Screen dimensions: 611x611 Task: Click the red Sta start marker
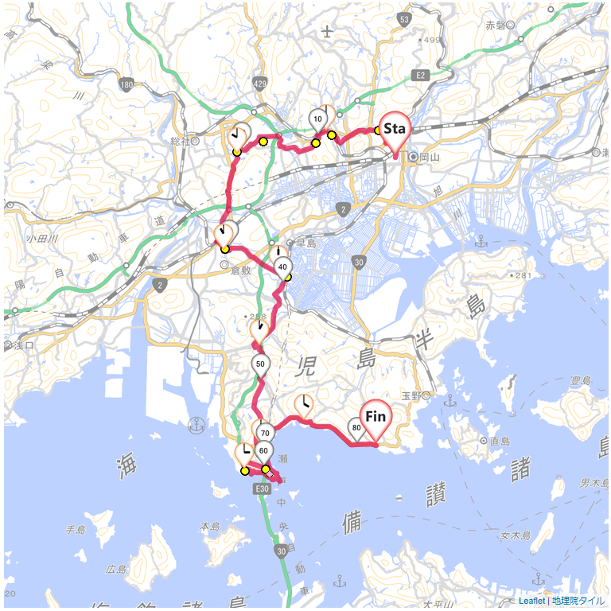coord(394,130)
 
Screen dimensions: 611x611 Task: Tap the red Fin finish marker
coord(376,418)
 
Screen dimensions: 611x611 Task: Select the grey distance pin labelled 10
coord(318,119)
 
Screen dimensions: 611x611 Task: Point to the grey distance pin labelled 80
coord(357,427)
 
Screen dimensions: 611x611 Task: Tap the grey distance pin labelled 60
coord(264,450)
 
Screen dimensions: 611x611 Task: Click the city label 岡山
coord(429,158)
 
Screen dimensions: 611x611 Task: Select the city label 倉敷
coord(240,270)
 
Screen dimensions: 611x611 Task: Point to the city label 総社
coord(181,141)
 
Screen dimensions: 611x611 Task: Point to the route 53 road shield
coord(404,19)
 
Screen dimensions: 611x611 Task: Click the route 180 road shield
coord(126,84)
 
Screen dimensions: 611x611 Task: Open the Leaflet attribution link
coord(531,601)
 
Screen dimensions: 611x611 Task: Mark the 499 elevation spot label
coord(434,40)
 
